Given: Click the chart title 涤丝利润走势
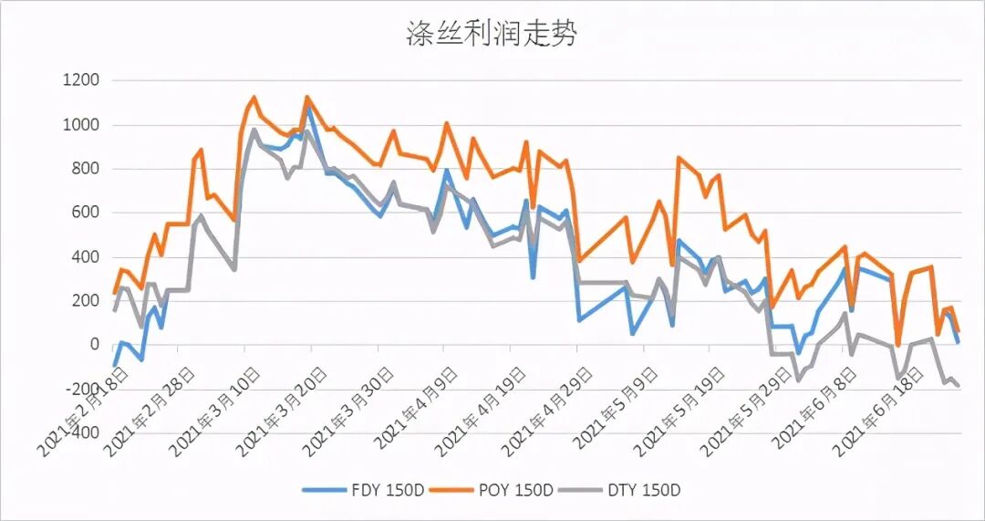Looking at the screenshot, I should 492,35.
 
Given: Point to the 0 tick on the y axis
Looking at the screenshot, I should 94,345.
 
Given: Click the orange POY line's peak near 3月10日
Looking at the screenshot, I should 254,98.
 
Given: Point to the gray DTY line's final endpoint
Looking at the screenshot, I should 959,386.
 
